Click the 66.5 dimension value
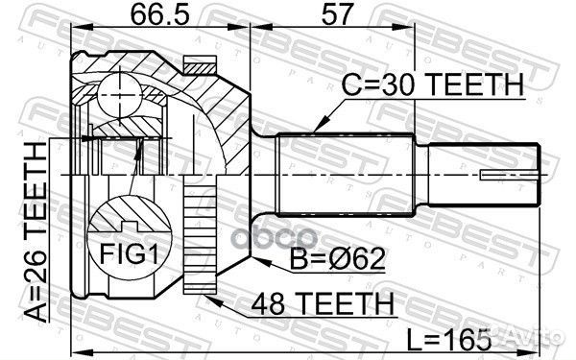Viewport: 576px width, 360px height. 160,14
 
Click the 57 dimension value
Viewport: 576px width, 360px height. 337,14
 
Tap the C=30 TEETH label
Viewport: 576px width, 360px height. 433,84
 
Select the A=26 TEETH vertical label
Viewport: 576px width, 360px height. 36,232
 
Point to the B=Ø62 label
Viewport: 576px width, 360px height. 337,258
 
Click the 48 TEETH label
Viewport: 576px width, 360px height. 323,303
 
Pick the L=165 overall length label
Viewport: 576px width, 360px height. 449,339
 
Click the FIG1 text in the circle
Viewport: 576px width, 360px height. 130,253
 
